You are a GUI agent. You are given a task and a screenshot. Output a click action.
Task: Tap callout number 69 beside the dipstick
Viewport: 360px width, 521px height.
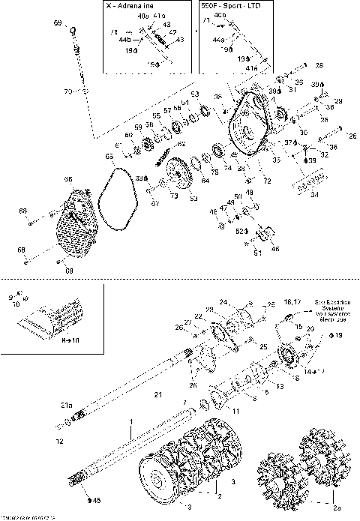tap(58, 25)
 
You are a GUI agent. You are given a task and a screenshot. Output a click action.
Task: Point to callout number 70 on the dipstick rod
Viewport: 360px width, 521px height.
tap(67, 91)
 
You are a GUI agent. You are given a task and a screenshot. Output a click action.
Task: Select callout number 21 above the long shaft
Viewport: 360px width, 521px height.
tap(157, 394)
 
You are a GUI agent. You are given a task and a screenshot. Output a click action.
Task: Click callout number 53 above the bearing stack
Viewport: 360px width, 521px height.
tap(194, 94)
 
